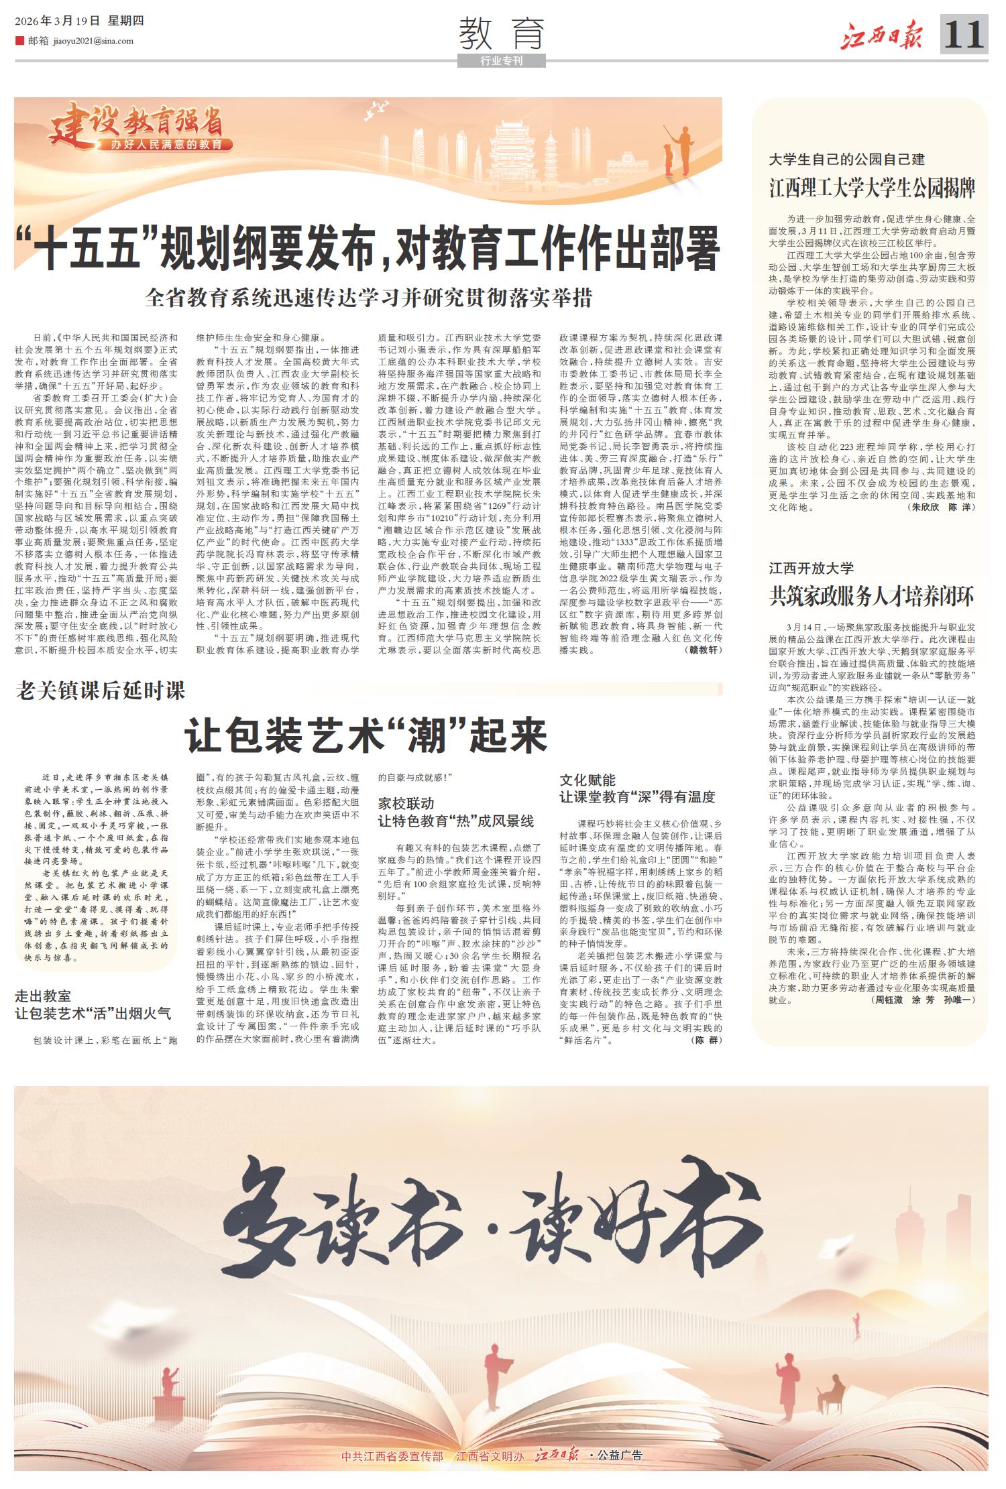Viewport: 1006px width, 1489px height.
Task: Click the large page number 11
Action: (964, 34)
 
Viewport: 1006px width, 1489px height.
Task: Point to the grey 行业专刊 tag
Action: (501, 61)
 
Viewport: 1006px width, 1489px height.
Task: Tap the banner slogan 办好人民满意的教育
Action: (172, 144)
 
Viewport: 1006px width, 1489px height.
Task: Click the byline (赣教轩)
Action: (704, 650)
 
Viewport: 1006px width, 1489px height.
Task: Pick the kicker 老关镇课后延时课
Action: (100, 691)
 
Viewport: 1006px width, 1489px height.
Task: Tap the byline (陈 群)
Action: (706, 1041)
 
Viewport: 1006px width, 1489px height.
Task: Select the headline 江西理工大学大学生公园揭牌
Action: (872, 188)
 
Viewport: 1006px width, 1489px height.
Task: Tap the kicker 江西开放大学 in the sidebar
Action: (812, 569)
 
